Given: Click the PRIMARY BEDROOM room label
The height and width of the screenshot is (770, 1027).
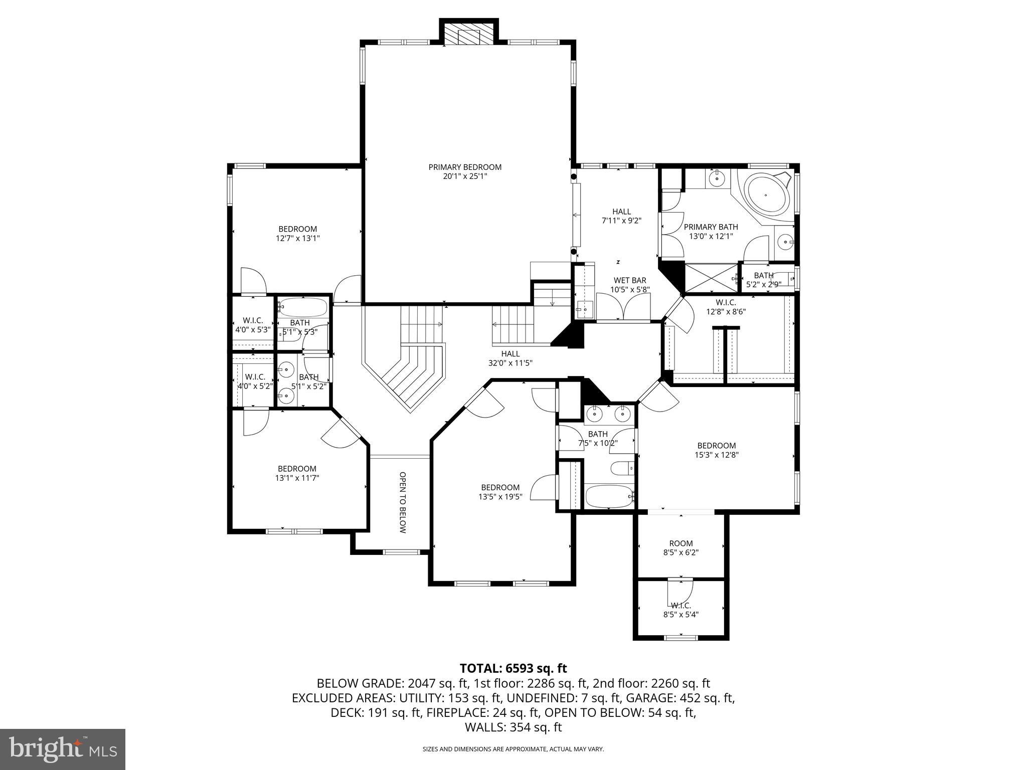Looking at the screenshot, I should point(465,167).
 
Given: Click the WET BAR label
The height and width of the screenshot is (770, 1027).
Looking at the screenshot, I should point(630,280).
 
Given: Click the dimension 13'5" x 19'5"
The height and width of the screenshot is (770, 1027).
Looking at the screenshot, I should point(500,497).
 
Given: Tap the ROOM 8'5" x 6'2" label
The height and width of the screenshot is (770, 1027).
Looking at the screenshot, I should point(680,547).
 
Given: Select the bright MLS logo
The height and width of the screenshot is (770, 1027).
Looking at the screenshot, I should point(63,749).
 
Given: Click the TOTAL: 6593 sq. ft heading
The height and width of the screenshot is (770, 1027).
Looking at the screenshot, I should point(513,668).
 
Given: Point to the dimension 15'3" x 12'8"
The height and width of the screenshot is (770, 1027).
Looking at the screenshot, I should point(716,455).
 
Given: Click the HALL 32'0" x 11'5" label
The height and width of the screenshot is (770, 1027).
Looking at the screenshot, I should point(510,358).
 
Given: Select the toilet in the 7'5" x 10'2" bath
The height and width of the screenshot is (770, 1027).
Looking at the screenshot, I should point(622,468).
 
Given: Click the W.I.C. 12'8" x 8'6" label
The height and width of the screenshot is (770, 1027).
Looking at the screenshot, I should point(726,306).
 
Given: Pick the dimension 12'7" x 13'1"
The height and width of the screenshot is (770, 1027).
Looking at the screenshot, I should point(297,239).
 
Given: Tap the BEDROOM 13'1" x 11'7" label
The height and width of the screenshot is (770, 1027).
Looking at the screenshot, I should point(297,473).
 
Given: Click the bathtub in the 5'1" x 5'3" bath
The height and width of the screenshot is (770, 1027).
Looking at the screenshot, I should point(302,306).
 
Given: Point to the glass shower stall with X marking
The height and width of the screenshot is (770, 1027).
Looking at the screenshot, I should point(711,277).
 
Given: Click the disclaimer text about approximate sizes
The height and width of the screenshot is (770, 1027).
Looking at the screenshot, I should point(513,749).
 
